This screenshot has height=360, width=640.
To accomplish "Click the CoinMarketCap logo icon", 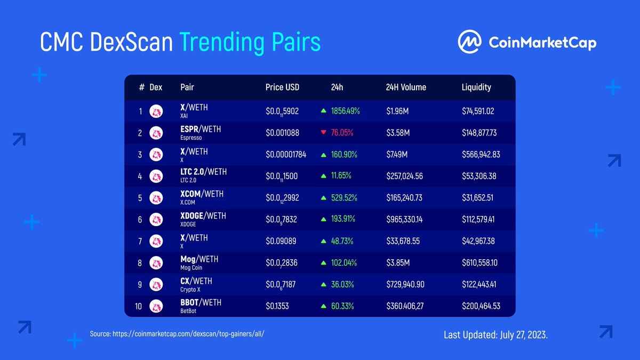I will (469, 42).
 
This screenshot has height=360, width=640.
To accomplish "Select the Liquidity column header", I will (476, 87).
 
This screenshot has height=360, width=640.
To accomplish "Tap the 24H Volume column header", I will (406, 87).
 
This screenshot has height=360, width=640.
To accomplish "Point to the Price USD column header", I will (282, 87).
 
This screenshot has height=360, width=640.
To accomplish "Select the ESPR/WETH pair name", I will (201, 129).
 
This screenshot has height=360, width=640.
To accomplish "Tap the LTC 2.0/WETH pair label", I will (204, 173).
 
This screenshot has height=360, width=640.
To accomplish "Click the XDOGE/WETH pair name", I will (203, 216).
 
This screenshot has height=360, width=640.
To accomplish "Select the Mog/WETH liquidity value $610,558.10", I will (481, 263).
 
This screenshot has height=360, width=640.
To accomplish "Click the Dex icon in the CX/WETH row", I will (156, 284).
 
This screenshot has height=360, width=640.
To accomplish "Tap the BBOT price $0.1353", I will (278, 306).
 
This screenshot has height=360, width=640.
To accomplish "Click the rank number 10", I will (139, 306).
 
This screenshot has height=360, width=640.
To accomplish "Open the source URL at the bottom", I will (177, 333).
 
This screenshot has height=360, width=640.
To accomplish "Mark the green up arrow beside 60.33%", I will (323, 306).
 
